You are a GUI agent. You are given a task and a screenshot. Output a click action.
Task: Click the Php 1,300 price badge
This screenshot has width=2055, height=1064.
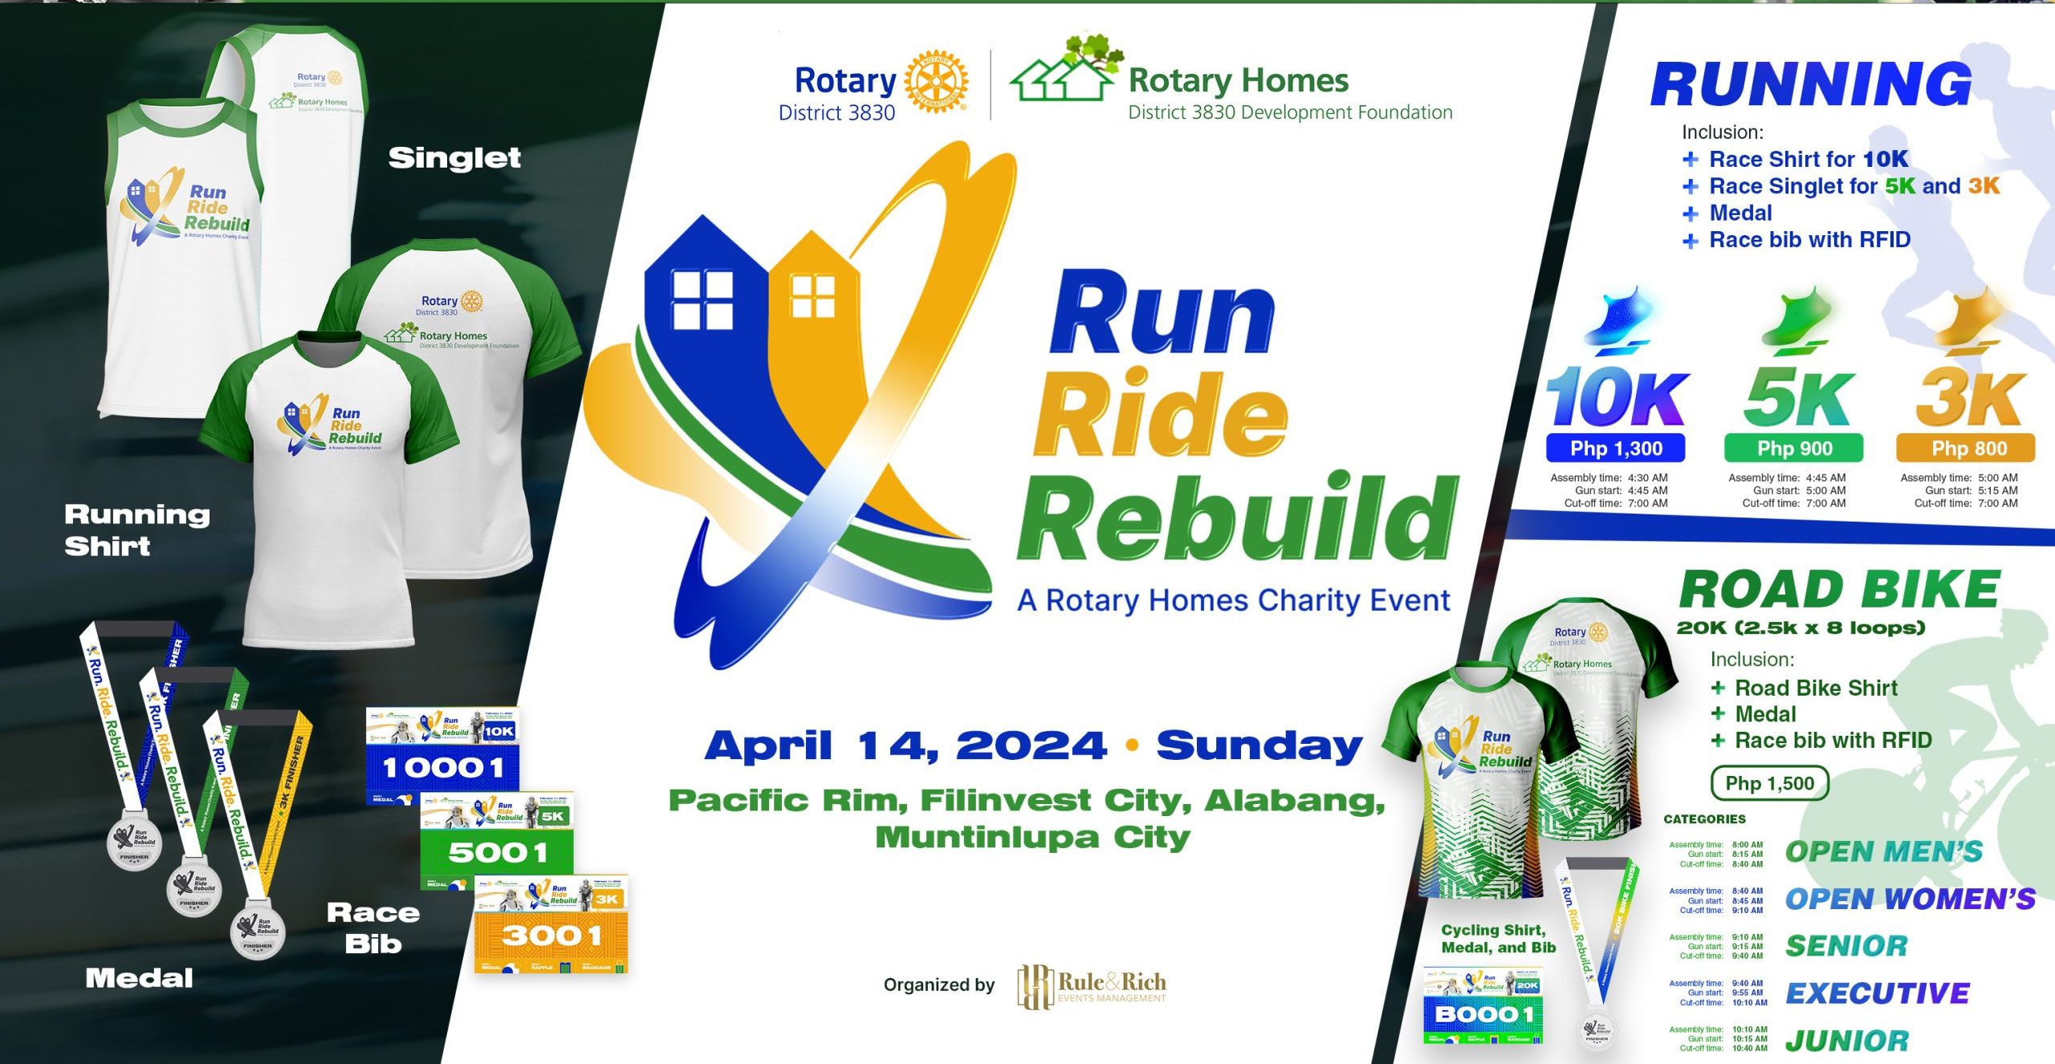click(x=1615, y=449)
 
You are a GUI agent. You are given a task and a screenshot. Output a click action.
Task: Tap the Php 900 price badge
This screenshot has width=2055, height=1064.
click(x=1794, y=449)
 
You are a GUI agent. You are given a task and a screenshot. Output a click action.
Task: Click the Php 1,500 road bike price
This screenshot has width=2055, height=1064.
click(x=1769, y=783)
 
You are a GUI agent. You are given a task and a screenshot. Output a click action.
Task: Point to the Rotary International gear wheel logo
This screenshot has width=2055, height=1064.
click(x=936, y=82)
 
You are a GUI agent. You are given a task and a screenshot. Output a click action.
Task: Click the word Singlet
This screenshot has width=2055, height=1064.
click(x=454, y=158)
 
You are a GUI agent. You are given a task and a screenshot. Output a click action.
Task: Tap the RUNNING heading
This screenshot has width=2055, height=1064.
click(x=1811, y=84)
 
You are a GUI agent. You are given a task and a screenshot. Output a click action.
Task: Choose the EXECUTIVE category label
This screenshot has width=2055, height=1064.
click(x=1878, y=993)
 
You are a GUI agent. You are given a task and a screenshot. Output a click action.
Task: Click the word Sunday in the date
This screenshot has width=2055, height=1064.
click(x=1259, y=745)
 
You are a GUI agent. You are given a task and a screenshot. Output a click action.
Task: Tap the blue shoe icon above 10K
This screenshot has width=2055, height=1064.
click(x=1620, y=321)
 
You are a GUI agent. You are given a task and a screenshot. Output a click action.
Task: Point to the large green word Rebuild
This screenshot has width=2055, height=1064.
click(x=1236, y=518)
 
